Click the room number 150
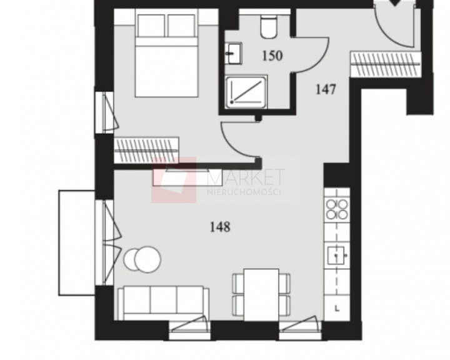[x=272, y=56]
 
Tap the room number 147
[x=326, y=89]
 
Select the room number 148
[x=220, y=227]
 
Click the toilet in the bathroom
[x=269, y=26]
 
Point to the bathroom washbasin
[x=232, y=53]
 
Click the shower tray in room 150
[x=246, y=92]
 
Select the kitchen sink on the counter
[x=337, y=256]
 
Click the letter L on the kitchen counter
[x=337, y=309]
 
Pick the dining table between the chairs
[x=261, y=295]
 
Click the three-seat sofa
[x=163, y=303]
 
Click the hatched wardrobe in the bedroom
[x=146, y=150]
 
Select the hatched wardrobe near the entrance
[x=386, y=64]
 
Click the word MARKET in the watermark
[x=246, y=177]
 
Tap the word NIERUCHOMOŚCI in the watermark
[x=244, y=192]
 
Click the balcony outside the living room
[x=77, y=243]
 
